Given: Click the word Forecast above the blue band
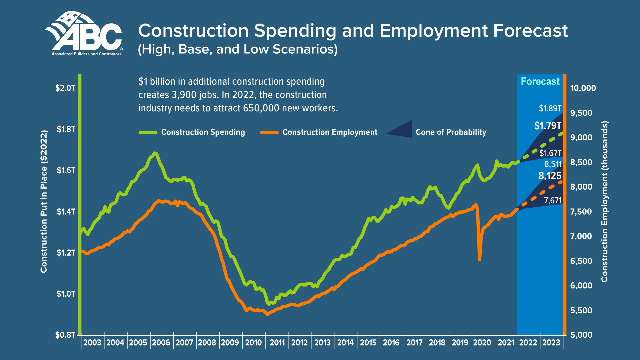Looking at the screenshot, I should coord(540,82).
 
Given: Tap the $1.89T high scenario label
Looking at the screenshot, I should coord(550,108).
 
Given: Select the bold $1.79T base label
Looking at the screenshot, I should coord(548,126).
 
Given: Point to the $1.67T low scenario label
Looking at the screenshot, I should coord(550,153).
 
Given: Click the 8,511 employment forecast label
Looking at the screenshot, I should coord(553,164).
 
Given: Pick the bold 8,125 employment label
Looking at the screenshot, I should coord(550,176).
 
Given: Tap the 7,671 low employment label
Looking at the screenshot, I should coord(553,200).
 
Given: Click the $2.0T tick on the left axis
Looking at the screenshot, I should coord(65,88).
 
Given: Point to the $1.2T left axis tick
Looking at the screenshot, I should coord(66,253).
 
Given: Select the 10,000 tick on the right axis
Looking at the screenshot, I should coord(583,88).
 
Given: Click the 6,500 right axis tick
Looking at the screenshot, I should coord(581,261).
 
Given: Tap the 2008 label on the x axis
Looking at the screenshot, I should coord(207,343).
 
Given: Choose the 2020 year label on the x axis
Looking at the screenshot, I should coord(482,343).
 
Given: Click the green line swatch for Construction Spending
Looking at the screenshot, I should coord(148,133).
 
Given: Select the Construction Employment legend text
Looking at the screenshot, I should coord(330,132).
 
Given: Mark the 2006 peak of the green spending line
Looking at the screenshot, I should coord(154,153).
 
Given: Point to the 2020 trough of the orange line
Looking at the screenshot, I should coord(479,260).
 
